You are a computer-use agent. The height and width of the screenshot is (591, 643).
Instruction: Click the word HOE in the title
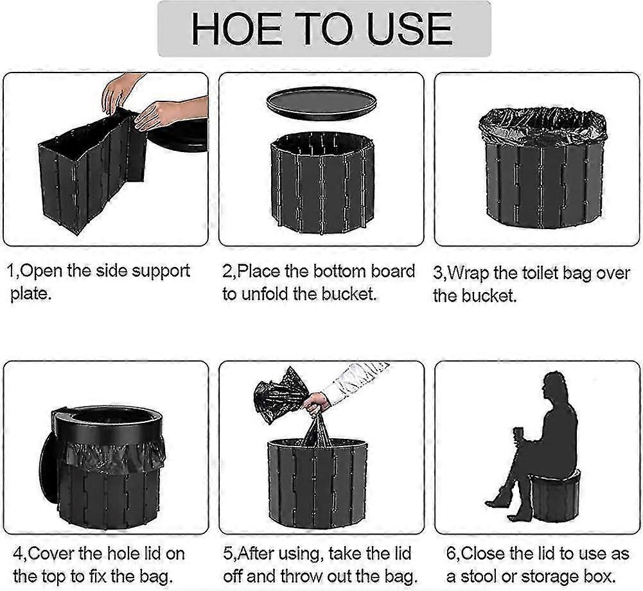[x=236, y=29]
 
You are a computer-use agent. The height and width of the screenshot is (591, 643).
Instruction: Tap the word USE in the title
[x=409, y=29]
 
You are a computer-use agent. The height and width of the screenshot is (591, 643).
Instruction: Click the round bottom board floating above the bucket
[x=321, y=104]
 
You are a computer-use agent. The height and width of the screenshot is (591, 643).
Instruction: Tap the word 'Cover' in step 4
[x=51, y=554]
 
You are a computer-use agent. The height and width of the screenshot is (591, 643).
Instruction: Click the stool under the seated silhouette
[x=556, y=497]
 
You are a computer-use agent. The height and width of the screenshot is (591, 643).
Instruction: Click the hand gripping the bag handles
[x=316, y=403]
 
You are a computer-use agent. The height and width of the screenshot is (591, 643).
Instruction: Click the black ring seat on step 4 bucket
[x=107, y=425]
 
